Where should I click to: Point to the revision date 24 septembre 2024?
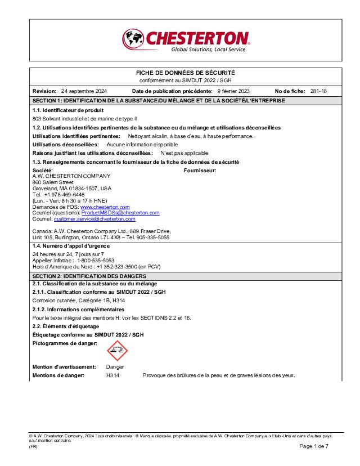click(84, 91)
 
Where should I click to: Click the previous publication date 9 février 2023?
click(233, 91)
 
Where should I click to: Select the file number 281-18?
click(318, 91)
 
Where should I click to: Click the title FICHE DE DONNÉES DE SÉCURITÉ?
click(186, 73)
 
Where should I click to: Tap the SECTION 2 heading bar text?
click(89, 276)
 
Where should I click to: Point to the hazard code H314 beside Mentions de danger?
click(113, 375)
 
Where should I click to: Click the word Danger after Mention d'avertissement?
click(115, 366)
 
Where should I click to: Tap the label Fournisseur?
click(200, 170)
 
